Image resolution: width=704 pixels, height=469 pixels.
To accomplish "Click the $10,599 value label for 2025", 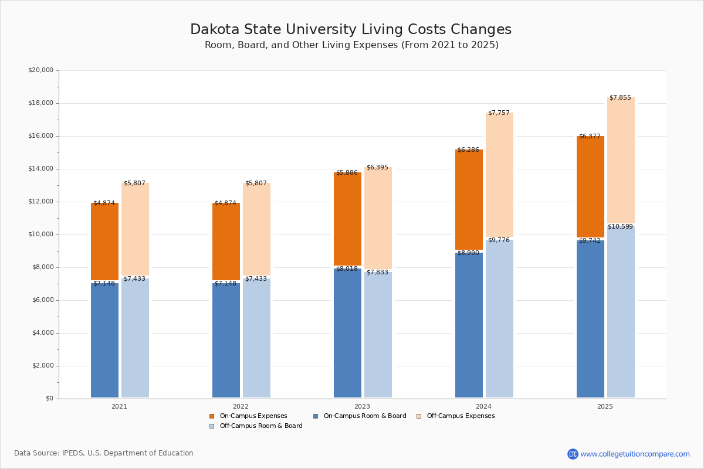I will pyautogui.click(x=620, y=227).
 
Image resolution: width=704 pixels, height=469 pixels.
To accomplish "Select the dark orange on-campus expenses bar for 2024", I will pyautogui.click(x=469, y=199).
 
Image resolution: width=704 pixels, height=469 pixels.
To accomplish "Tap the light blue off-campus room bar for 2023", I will pyautogui.click(x=378, y=334).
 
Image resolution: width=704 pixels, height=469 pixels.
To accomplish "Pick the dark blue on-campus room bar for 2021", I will pyautogui.click(x=104, y=340).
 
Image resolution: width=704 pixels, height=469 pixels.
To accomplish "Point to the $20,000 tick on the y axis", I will pyautogui.click(x=40, y=70).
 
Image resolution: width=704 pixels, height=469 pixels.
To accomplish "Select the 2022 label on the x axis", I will pyautogui.click(x=241, y=406).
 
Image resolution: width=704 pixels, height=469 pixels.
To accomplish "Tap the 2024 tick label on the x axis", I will pyautogui.click(x=483, y=406).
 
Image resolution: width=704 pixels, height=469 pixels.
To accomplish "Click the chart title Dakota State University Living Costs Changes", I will pyautogui.click(x=351, y=29).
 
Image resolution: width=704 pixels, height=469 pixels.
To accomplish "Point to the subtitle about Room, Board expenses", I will pyautogui.click(x=351, y=45).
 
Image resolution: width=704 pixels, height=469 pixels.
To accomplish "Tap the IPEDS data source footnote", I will pyautogui.click(x=104, y=453).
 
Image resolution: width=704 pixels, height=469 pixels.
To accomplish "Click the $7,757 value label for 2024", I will pyautogui.click(x=499, y=113).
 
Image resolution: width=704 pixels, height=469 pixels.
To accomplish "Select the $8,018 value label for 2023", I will pyautogui.click(x=347, y=269).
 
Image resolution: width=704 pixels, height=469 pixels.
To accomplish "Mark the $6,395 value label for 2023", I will pyautogui.click(x=377, y=168).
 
